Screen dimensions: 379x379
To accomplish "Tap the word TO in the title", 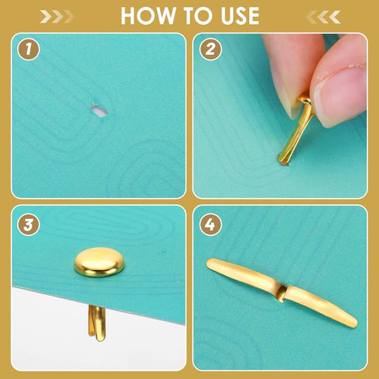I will pyautogui.click(x=193, y=16).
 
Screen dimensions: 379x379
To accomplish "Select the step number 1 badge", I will pyautogui.click(x=29, y=52).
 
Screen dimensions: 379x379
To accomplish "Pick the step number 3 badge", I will pyautogui.click(x=29, y=227).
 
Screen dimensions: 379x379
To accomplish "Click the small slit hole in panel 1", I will pyautogui.click(x=97, y=111).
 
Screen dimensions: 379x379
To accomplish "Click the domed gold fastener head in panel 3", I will pyautogui.click(x=99, y=261).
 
